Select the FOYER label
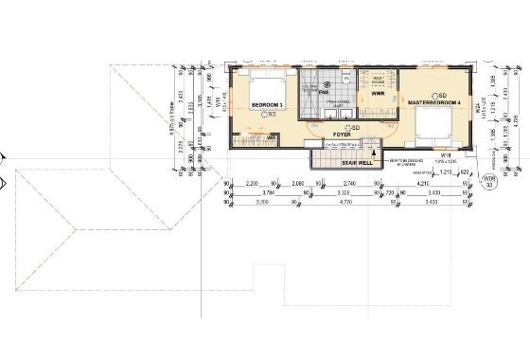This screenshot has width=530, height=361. click(x=343, y=135)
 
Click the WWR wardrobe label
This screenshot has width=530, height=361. click(x=377, y=94)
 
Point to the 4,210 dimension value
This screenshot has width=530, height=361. click(x=421, y=188)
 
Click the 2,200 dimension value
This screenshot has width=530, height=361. click(x=252, y=188)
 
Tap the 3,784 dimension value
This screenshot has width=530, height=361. click(x=266, y=196)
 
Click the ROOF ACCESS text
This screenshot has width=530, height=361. click(x=377, y=80)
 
